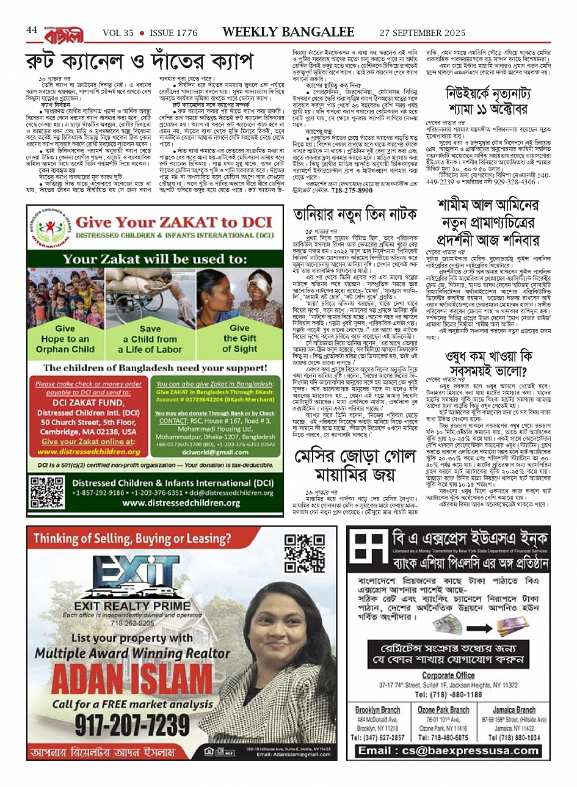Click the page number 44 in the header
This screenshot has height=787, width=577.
(32, 31)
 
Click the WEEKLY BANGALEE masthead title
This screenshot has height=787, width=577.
(288, 32)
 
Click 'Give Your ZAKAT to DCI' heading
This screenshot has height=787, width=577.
(173, 222)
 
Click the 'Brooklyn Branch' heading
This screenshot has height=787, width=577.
(377, 710)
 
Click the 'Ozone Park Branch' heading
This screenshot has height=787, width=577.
(443, 710)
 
